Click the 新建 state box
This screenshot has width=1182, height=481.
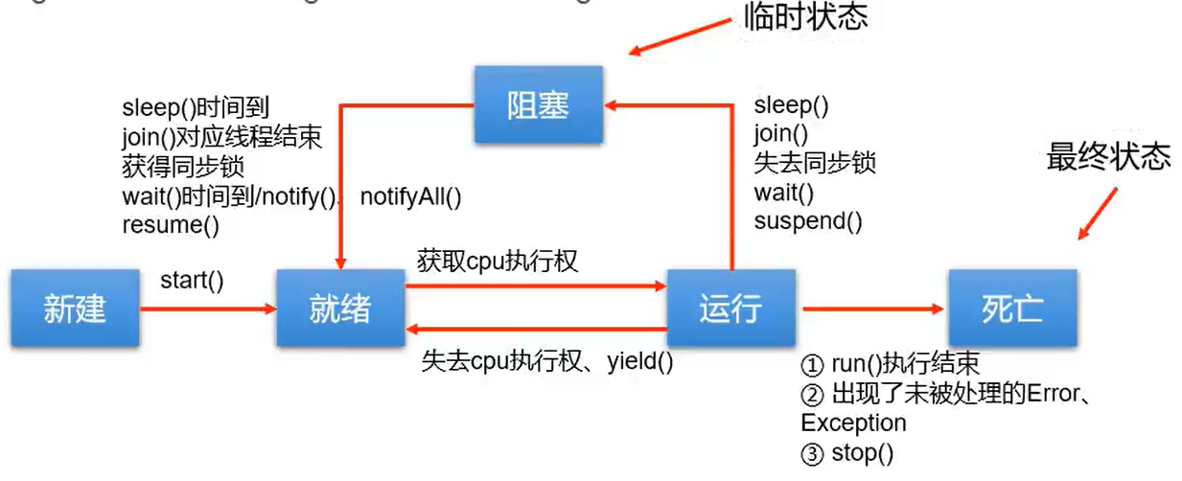(74, 309)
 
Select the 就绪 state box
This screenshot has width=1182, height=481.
(339, 309)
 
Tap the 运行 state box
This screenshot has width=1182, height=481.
(731, 309)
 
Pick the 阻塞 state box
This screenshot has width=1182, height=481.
(538, 105)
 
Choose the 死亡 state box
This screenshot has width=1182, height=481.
(1012, 309)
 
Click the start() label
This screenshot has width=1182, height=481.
(192, 281)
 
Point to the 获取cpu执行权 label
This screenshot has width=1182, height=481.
(498, 260)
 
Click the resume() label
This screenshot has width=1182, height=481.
(171, 226)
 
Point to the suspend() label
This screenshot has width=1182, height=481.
(808, 222)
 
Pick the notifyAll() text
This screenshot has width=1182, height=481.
(410, 197)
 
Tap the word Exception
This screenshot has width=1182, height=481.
(853, 423)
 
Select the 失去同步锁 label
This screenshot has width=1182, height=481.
(815, 164)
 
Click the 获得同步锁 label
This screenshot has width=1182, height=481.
(183, 168)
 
